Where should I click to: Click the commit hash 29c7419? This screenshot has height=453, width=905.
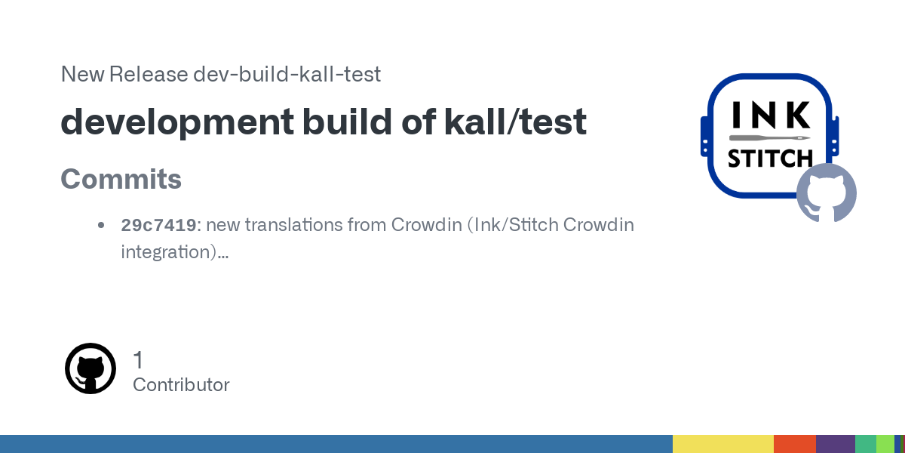[x=158, y=225]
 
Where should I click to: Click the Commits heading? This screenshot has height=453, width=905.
[x=121, y=179]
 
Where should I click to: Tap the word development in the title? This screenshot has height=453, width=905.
[x=177, y=122]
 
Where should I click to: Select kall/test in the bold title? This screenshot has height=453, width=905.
[x=515, y=121]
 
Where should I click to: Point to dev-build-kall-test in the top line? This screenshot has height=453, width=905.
[x=287, y=74]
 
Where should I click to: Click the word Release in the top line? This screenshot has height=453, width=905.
[x=149, y=74]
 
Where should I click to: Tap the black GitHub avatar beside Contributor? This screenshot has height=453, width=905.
[x=90, y=368]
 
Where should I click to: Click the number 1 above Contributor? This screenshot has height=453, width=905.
[x=138, y=359]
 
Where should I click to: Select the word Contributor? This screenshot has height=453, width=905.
[x=181, y=384]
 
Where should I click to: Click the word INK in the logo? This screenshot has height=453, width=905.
[x=771, y=115]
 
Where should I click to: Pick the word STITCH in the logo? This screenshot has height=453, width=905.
[x=770, y=158]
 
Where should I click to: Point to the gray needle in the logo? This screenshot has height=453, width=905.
[x=770, y=138]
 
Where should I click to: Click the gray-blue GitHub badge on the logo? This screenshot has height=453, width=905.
[x=827, y=193]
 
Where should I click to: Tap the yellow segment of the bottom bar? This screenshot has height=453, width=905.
[x=723, y=444]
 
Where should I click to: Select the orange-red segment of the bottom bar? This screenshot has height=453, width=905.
[x=795, y=444]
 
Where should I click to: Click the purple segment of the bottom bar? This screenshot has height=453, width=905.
[x=836, y=444]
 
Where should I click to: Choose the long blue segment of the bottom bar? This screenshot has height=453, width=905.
[x=336, y=444]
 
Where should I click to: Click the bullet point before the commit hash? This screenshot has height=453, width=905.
[x=101, y=225]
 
